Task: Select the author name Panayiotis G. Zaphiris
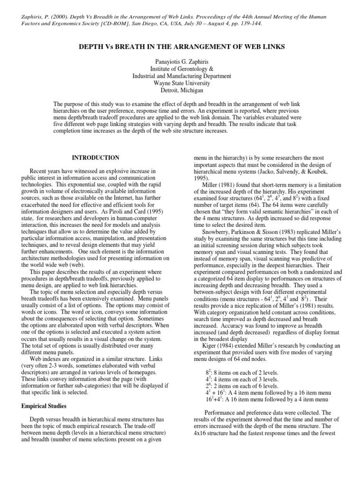(182, 61)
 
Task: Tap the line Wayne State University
(182, 82)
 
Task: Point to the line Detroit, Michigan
(182, 90)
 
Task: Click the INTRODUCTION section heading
(95, 157)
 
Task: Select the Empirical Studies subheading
(45, 406)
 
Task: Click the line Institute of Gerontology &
(182, 68)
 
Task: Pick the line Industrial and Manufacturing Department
(182, 75)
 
